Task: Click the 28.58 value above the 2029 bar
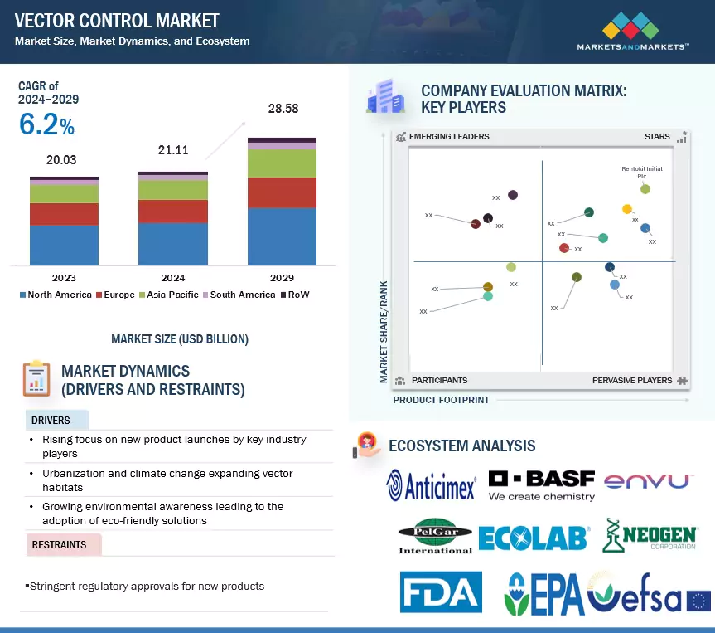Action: (x=282, y=109)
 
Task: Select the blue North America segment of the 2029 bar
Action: (x=282, y=236)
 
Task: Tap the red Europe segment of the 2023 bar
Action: (x=64, y=214)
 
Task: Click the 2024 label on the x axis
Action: (x=172, y=278)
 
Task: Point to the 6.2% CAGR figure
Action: (x=46, y=124)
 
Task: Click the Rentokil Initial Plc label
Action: (x=641, y=172)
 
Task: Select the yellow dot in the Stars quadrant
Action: (x=627, y=209)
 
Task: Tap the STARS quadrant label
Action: (x=657, y=136)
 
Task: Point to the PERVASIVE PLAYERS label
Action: (x=632, y=380)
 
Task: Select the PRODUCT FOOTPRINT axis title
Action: (x=441, y=400)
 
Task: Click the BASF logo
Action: (x=541, y=485)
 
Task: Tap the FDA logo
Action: (x=440, y=592)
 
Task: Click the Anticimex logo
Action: (x=432, y=485)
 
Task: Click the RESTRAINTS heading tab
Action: (x=60, y=545)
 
